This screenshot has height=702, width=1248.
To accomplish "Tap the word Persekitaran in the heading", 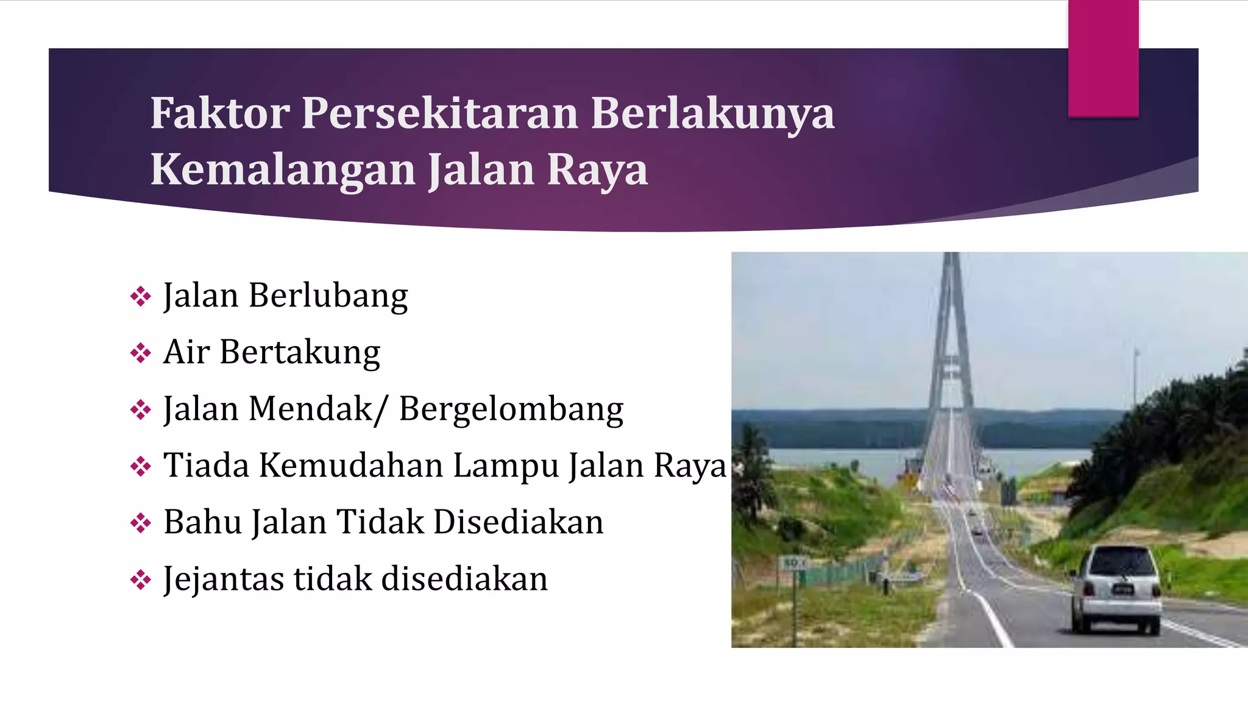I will [439, 113].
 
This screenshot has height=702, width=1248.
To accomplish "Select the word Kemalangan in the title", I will [286, 169].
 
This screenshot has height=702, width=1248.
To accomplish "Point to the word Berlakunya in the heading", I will [712, 113].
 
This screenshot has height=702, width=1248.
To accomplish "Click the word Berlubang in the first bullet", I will [328, 296].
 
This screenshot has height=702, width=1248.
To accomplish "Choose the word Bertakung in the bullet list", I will [300, 353].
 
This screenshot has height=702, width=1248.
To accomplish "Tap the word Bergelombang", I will [511, 409].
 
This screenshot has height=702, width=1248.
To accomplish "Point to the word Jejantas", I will [223, 579].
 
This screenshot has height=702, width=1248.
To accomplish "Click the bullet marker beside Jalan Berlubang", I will [141, 297].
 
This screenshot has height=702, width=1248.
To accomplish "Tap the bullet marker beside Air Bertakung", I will [141, 353].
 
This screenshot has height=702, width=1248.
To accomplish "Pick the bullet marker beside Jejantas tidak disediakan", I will [141, 580].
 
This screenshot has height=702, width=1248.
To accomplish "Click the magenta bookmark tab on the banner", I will [1103, 58].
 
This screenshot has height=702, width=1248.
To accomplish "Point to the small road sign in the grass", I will [793, 564].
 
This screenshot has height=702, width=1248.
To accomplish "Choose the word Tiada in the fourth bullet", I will [206, 466].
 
